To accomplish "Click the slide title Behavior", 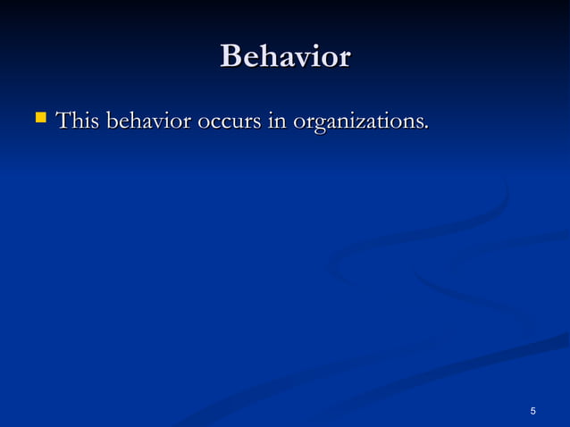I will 285,56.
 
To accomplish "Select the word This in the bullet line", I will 77,120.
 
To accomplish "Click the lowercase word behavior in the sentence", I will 147,120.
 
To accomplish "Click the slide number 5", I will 533,410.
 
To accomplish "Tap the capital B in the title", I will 231,56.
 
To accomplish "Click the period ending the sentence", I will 425,126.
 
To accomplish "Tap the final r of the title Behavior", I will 344,59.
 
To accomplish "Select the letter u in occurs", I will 235,121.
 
